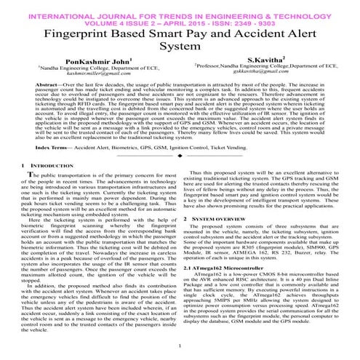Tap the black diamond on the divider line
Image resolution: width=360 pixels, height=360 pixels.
coord(180,156)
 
